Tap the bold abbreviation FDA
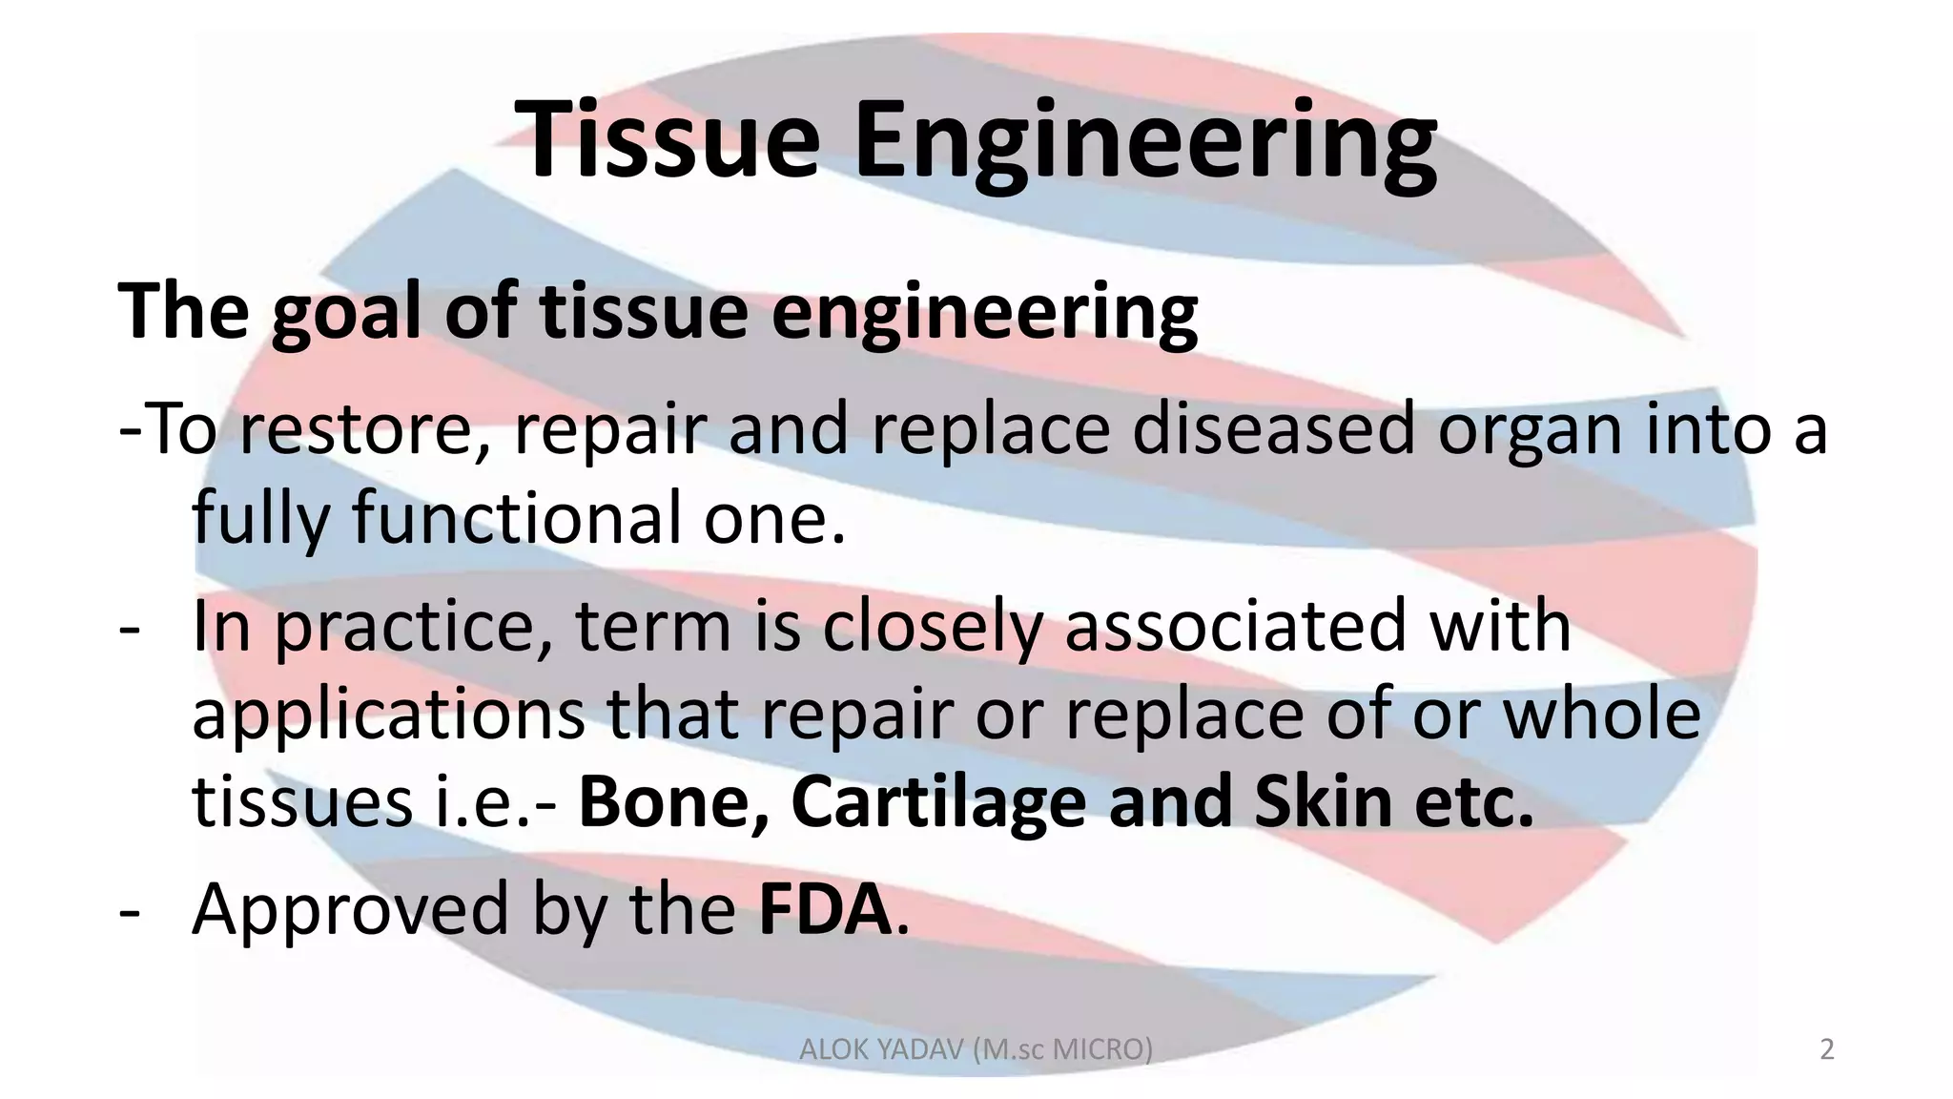(x=824, y=909)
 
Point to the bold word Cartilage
(x=938, y=804)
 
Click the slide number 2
(x=1826, y=1049)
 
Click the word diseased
(x=1274, y=428)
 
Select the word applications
(x=388, y=715)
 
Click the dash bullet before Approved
(x=129, y=911)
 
